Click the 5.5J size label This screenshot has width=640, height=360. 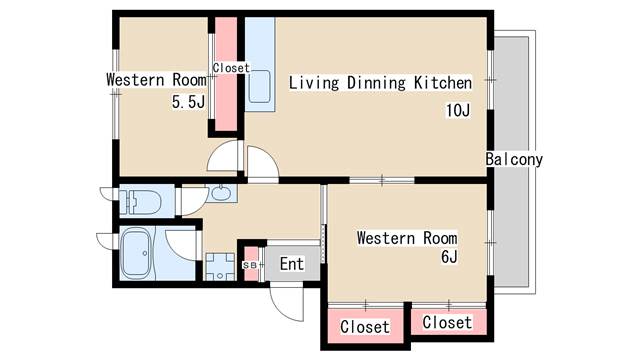click(x=188, y=102)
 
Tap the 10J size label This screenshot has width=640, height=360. click(x=458, y=110)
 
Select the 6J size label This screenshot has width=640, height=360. click(x=449, y=257)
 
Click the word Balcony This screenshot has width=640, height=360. click(x=514, y=159)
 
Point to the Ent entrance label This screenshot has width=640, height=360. click(x=292, y=264)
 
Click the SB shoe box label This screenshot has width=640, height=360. click(x=250, y=265)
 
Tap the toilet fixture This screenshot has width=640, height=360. click(x=141, y=201)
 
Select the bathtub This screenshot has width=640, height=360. click(x=137, y=254)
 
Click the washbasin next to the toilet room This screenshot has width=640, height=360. click(x=221, y=193)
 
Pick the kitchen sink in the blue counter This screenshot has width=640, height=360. click(x=259, y=87)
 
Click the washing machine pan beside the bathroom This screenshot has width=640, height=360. click(x=220, y=267)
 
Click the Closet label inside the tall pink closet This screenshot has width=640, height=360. click(x=231, y=68)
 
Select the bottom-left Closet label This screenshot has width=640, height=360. click(x=365, y=327)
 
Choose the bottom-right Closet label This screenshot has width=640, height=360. click(x=447, y=322)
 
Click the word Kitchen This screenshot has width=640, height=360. click(x=443, y=83)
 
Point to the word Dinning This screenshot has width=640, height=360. click(x=376, y=84)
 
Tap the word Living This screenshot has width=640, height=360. click(x=314, y=83)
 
